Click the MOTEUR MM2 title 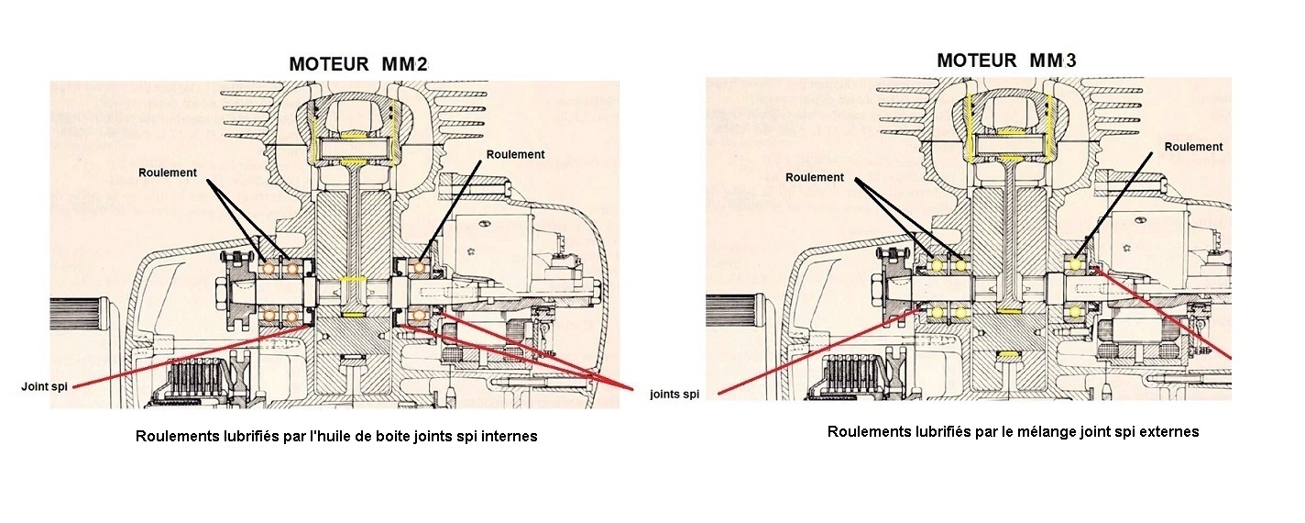358,64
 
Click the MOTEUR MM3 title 1007,60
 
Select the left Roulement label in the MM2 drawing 168,172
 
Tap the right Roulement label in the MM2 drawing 516,154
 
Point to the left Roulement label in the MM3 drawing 815,177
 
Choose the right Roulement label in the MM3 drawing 1194,147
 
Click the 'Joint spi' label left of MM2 44,386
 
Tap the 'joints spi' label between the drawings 674,395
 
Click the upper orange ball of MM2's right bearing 419,268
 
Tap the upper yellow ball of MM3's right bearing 1076,264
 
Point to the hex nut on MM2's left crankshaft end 222,289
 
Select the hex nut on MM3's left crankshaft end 878,285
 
